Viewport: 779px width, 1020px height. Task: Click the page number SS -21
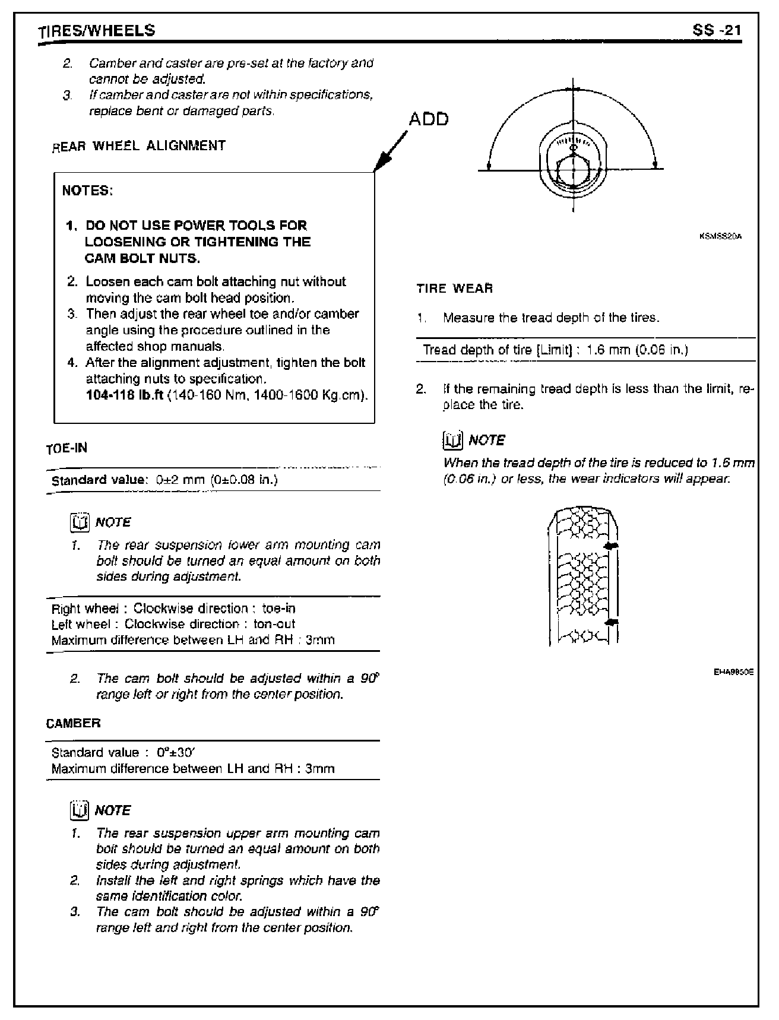pos(717,30)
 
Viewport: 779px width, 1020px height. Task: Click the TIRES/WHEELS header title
pos(96,31)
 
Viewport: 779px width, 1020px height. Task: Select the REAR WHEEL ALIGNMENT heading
pos(139,145)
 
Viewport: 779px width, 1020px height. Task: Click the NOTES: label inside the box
pos(87,191)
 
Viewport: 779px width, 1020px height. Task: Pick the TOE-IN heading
pos(66,448)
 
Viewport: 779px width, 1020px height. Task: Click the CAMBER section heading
pos(73,723)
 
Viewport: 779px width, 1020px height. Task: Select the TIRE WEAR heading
pos(455,289)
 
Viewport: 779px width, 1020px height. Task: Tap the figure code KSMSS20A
pos(721,236)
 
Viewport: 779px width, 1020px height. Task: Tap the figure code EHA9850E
pos(733,672)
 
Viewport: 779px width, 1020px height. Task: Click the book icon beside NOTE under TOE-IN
pos(79,522)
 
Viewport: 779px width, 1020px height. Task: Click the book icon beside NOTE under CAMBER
pos(79,810)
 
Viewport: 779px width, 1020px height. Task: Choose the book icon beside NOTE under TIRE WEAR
pos(453,440)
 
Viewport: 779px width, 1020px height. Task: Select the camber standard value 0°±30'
pos(175,753)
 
